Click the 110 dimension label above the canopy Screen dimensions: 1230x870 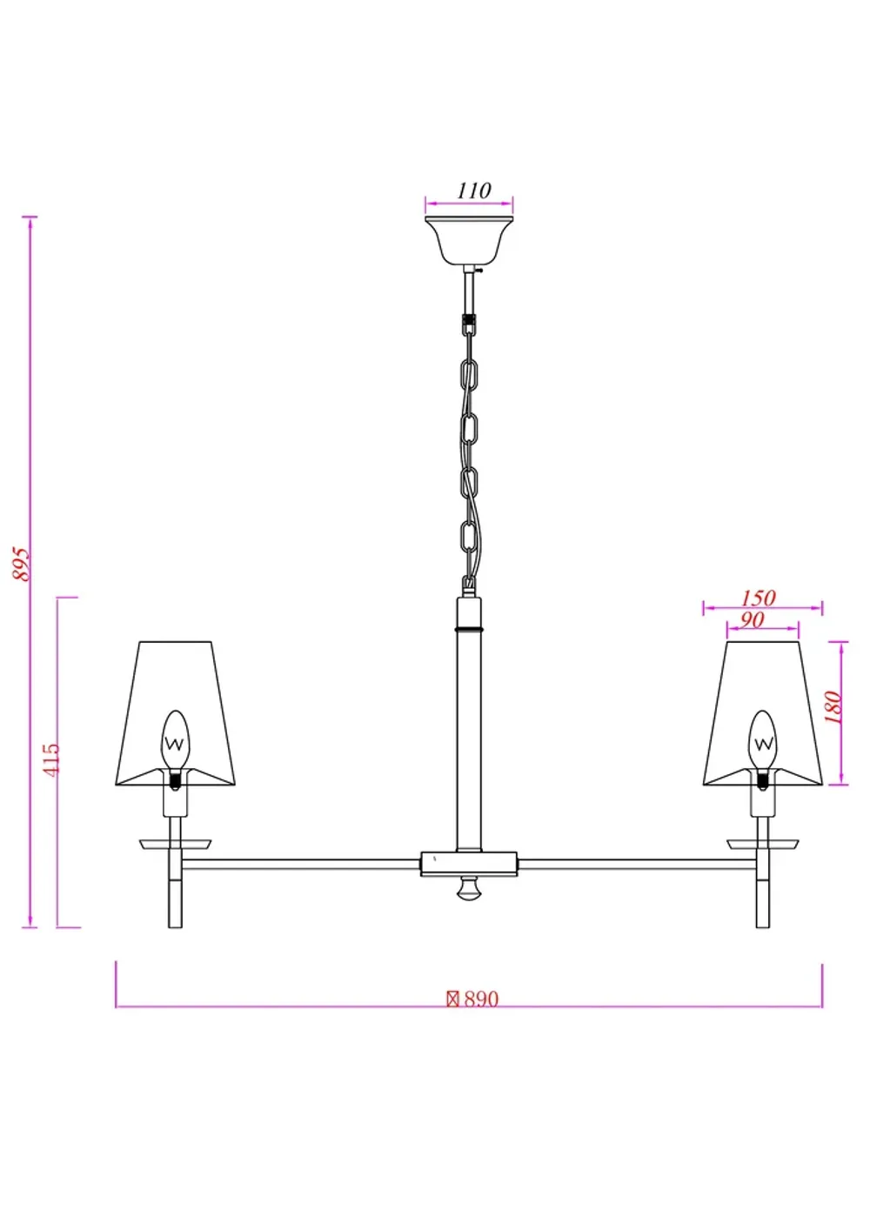coord(474,191)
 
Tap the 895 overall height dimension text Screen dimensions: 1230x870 coord(22,565)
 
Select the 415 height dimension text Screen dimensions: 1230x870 coord(51,759)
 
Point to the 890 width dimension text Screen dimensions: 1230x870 coord(480,999)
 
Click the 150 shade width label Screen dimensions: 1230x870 coord(758,598)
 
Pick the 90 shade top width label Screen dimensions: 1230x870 coord(752,620)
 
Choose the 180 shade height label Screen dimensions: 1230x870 coord(833,707)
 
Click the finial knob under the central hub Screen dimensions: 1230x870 coord(469,890)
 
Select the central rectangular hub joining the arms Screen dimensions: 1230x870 coord(469,864)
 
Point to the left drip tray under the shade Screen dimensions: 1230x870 coord(175,844)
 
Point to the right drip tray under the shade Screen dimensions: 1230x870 coord(763,844)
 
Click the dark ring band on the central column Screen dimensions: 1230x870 coord(469,627)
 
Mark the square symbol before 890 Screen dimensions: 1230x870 coord(452,999)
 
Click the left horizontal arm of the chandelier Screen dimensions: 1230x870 coord(300,864)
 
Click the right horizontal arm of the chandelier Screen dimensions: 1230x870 coord(637,864)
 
